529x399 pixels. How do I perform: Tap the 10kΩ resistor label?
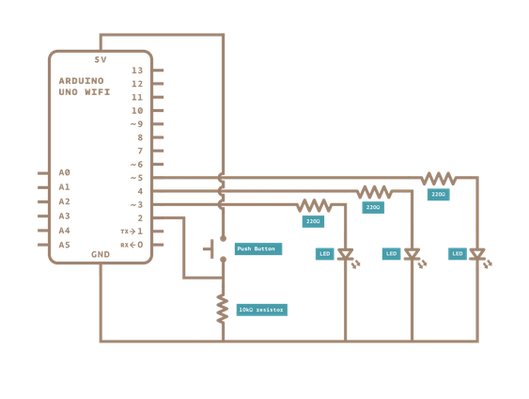click(261, 309)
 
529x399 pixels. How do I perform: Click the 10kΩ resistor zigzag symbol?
click(223, 308)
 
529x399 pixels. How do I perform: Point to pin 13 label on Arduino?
click(137, 71)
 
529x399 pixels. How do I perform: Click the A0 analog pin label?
click(64, 173)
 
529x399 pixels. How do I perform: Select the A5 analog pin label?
click(64, 245)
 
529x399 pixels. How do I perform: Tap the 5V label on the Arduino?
click(101, 59)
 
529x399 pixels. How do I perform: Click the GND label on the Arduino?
click(101, 254)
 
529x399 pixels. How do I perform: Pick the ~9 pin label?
click(136, 124)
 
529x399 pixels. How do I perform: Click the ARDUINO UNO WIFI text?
click(85, 87)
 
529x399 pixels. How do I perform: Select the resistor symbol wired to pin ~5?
click(438, 178)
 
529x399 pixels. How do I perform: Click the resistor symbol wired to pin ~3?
click(314, 205)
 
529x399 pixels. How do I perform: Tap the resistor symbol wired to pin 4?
click(374, 191)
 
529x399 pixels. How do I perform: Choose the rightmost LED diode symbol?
click(477, 255)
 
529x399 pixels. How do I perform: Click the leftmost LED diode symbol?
click(345, 255)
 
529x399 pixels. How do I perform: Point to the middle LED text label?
click(391, 254)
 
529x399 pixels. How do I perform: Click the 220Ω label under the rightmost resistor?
click(438, 194)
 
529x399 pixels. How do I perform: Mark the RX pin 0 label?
click(132, 245)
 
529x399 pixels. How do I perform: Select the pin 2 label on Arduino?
click(139, 217)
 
